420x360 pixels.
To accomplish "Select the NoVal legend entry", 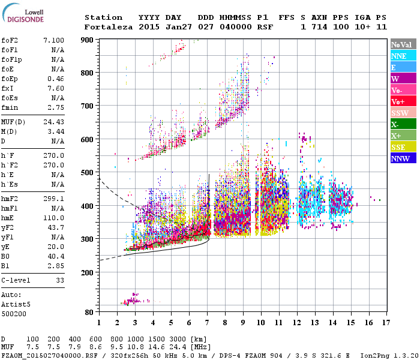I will coord(401,44).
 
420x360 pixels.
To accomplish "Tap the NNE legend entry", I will coord(401,56).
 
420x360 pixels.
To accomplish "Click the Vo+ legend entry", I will coord(401,101).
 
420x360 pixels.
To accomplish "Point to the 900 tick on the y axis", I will coord(88,40).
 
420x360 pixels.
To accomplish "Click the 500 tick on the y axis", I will coord(88,173).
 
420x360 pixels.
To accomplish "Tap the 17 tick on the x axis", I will coord(385,322).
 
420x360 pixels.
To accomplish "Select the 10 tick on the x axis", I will coord(260,322).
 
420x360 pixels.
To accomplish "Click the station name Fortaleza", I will coord(104,27).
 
